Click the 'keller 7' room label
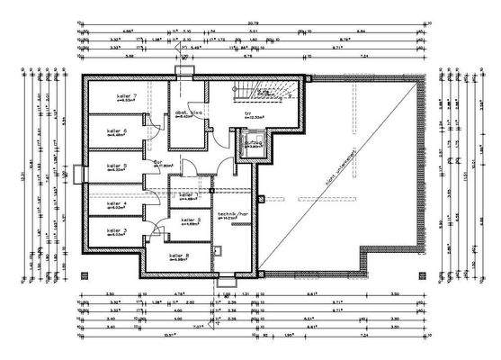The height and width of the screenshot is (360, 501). coord(126,96)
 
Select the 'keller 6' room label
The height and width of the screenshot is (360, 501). coord(118,131)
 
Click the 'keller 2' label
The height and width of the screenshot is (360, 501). coord(191,220)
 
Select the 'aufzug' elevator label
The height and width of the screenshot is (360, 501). coord(252,141)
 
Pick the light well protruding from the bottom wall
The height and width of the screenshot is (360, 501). coord(223,280)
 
